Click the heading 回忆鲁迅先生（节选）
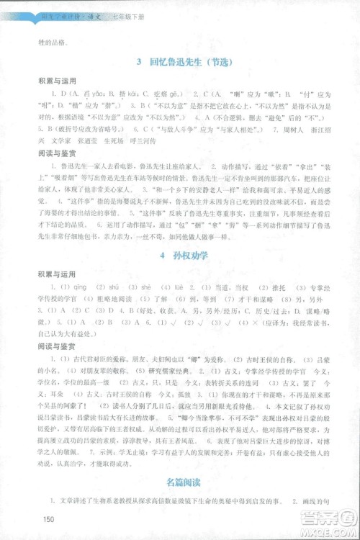click(188, 63)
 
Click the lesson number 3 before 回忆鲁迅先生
click(138, 63)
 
